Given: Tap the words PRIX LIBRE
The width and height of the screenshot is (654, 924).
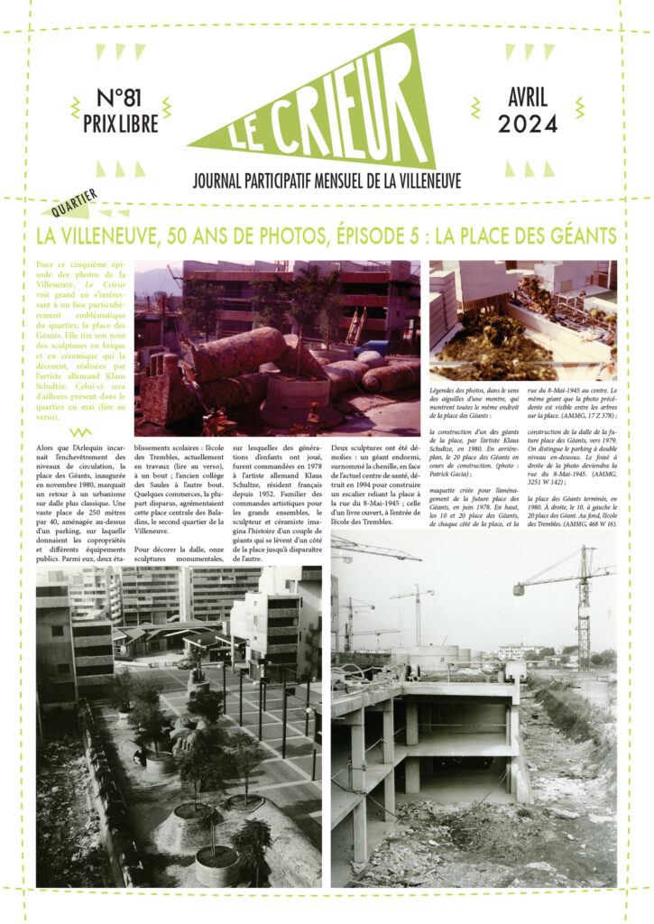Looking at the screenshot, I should pyautogui.click(x=120, y=124).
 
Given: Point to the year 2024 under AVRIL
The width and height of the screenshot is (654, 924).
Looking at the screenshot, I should pyautogui.click(x=539, y=124).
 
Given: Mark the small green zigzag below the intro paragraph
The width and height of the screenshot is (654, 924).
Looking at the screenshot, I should pyautogui.click(x=80, y=432).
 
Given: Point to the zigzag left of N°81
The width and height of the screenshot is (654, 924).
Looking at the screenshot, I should pyautogui.click(x=76, y=109).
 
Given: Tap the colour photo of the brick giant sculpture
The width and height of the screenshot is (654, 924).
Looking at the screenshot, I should pyautogui.click(x=277, y=347).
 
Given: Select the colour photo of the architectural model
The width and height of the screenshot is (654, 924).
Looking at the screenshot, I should pyautogui.click(x=522, y=320).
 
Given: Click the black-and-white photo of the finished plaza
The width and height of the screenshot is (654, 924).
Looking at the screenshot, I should pyautogui.click(x=179, y=726).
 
